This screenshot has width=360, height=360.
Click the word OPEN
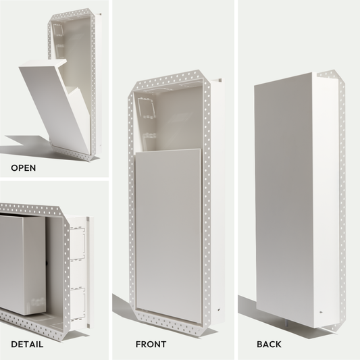click(24, 168)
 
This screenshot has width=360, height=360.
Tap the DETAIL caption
click(27, 344)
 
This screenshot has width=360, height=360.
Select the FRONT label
click(151, 344)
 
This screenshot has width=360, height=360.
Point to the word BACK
click(269, 344)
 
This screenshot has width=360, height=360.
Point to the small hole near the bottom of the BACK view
click(321, 312)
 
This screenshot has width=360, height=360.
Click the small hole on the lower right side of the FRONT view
click(219, 309)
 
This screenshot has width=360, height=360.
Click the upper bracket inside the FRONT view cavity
click(147, 109)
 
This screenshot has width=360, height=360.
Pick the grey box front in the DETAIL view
click(11, 264)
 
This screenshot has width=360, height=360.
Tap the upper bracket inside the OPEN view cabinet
click(58, 32)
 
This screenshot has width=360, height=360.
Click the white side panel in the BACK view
click(325, 200)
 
